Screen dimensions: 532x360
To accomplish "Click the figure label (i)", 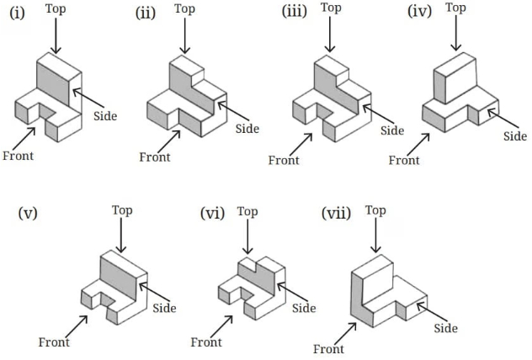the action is click(17, 13).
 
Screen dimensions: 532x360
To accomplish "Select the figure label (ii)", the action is click(146, 13).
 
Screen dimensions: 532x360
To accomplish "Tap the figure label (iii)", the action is click(295, 11).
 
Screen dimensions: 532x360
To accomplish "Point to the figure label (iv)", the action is click(420, 11).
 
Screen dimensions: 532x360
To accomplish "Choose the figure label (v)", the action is click(28, 214).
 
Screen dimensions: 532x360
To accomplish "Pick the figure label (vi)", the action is click(213, 214).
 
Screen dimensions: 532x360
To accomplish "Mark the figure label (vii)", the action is click(336, 214).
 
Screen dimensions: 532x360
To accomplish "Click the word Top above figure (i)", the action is click(56, 9).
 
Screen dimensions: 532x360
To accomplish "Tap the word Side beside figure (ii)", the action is click(247, 129).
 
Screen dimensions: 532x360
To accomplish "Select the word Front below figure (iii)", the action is click(284, 160).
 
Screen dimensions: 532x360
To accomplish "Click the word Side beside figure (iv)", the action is click(515, 136).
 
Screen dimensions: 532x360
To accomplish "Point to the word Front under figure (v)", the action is click(54, 342).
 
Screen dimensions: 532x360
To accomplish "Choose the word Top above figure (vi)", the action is click(247, 212).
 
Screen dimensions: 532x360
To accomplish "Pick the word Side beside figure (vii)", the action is click(446, 328).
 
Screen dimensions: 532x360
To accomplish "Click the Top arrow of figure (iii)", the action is click(330, 34).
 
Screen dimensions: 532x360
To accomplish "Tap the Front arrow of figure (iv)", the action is click(418, 145).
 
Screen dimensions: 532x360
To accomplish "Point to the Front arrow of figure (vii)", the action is click(345, 334).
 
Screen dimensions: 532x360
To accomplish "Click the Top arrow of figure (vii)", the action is click(375, 235).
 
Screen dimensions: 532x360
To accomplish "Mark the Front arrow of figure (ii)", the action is click(169, 141).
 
